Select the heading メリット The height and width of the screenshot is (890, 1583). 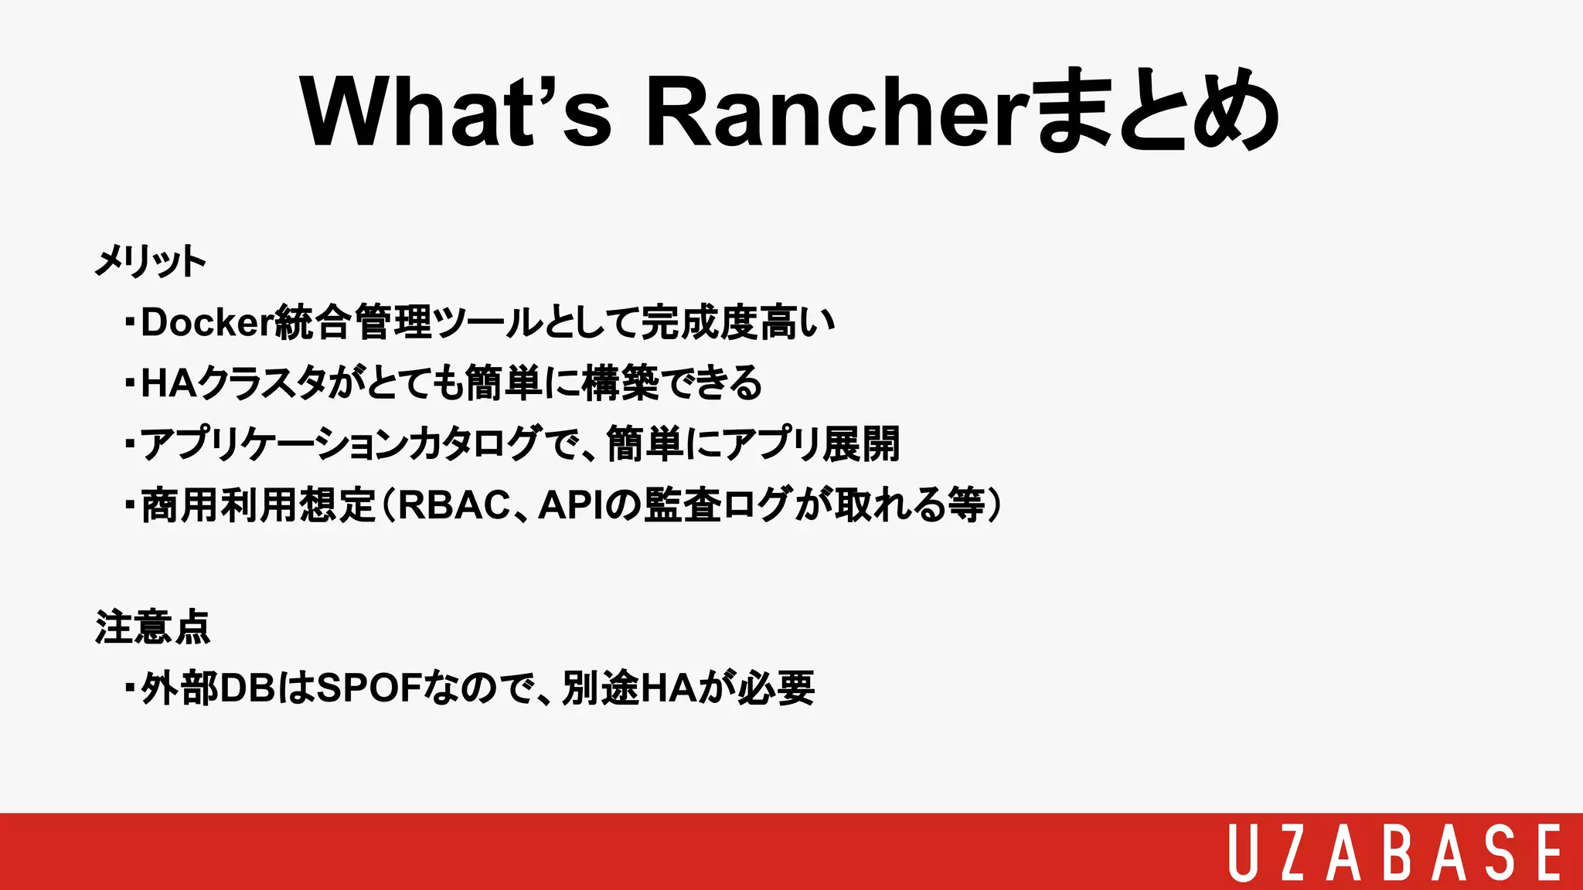(x=150, y=261)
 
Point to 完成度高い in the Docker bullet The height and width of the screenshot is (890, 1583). (x=738, y=322)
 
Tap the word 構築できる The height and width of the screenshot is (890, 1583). (x=671, y=383)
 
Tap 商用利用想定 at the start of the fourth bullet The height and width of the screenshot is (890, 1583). (x=258, y=505)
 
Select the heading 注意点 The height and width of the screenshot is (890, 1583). (x=152, y=627)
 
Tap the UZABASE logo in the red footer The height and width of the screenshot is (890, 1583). (x=1394, y=852)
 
